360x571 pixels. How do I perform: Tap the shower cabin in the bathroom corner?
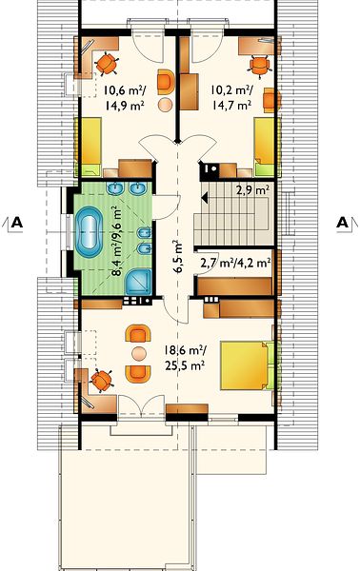138,283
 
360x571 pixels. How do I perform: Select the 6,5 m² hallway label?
177,256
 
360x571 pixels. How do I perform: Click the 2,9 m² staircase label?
252,189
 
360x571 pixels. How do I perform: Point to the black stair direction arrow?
205,199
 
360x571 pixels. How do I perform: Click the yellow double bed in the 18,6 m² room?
244,364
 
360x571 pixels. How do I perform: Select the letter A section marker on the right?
342,222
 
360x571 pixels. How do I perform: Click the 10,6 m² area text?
122,89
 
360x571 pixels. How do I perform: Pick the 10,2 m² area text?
232,89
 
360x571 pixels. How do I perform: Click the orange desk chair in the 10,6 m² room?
107,64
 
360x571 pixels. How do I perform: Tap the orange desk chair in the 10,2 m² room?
259,66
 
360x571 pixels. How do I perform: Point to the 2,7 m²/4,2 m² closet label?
236,263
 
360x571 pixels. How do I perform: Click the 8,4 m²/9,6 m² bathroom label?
117,241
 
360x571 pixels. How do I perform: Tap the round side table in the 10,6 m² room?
165,104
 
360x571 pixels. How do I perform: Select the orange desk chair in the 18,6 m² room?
101,381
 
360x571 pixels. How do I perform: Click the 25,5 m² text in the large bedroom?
185,365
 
